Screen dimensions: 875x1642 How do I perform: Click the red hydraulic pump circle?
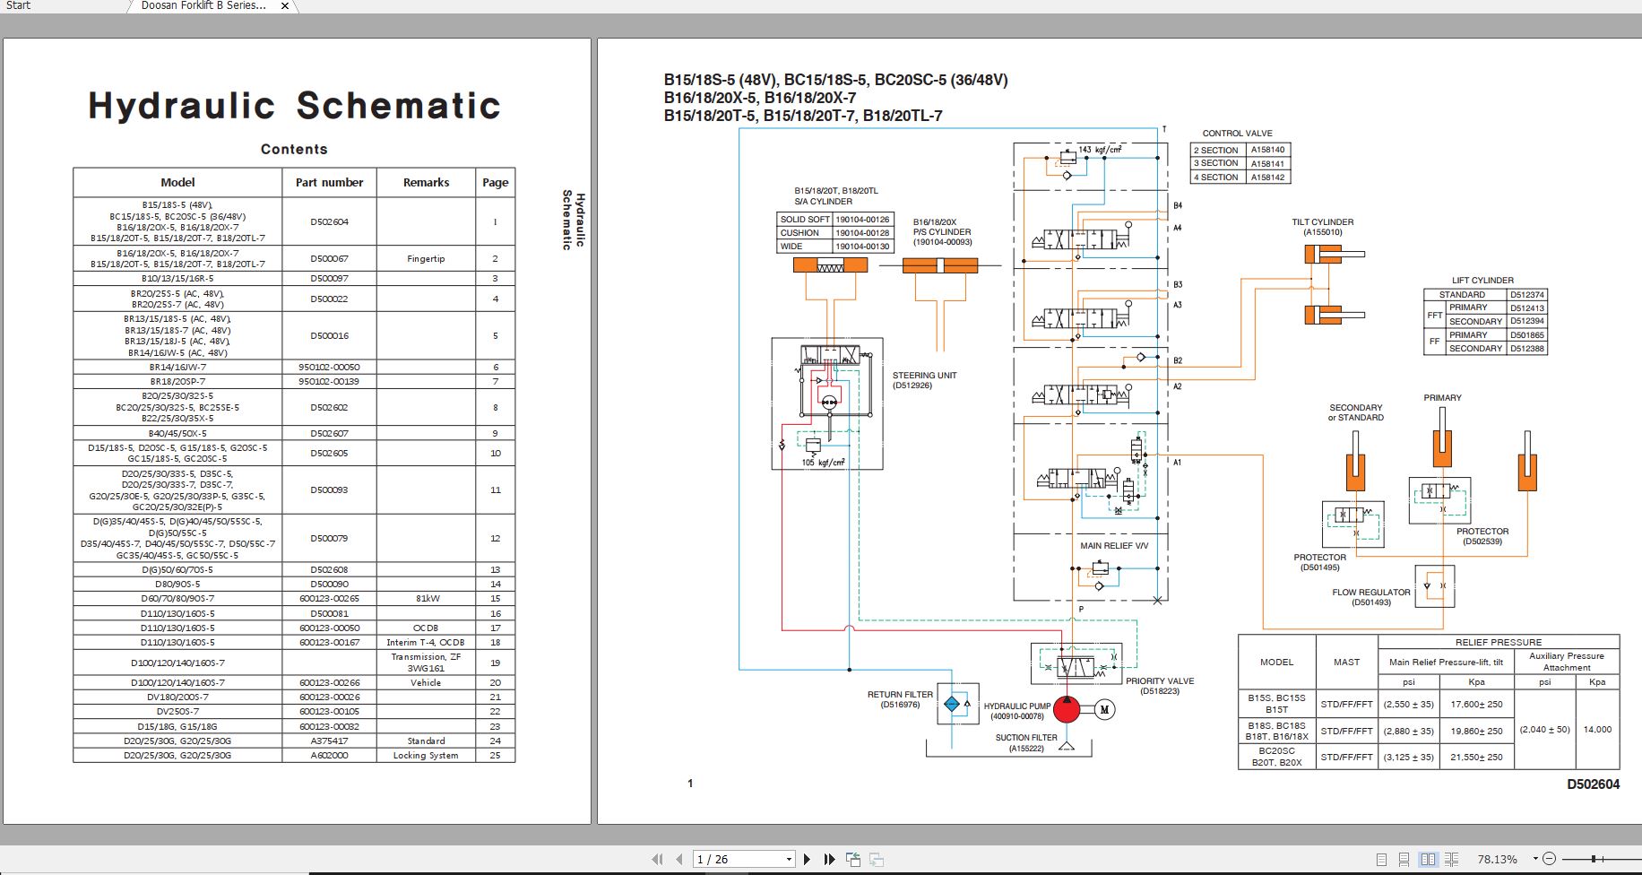pyautogui.click(x=1066, y=709)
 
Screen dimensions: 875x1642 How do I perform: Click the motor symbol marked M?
pyautogui.click(x=1104, y=709)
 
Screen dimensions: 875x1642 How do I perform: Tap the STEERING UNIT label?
pyautogui.click(x=924, y=376)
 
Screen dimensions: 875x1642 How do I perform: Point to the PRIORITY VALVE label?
pyautogui.click(x=1160, y=681)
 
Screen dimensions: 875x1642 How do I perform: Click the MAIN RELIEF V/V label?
pyautogui.click(x=1113, y=545)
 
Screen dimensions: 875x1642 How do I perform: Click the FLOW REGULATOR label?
pyautogui.click(x=1370, y=593)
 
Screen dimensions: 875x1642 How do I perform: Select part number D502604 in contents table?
pyautogui.click(x=329, y=221)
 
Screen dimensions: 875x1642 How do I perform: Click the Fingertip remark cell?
pyautogui.click(x=426, y=258)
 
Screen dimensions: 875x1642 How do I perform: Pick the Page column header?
pyautogui.click(x=495, y=182)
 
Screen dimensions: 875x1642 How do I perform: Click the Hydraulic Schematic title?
pyautogui.click(x=294, y=106)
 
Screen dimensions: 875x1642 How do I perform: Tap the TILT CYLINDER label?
pyautogui.click(x=1322, y=222)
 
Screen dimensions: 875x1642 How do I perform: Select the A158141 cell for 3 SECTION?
pyautogui.click(x=1267, y=164)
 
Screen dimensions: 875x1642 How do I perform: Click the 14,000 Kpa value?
pyautogui.click(x=1596, y=730)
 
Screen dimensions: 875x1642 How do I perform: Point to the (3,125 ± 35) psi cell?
pyautogui.click(x=1408, y=757)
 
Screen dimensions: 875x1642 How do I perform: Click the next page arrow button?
pyautogui.click(x=807, y=859)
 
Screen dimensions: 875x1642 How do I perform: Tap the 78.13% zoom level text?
pyautogui.click(x=1497, y=859)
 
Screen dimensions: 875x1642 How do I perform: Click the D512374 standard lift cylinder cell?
pyautogui.click(x=1526, y=295)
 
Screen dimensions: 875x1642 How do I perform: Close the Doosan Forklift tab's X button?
pyautogui.click(x=285, y=6)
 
